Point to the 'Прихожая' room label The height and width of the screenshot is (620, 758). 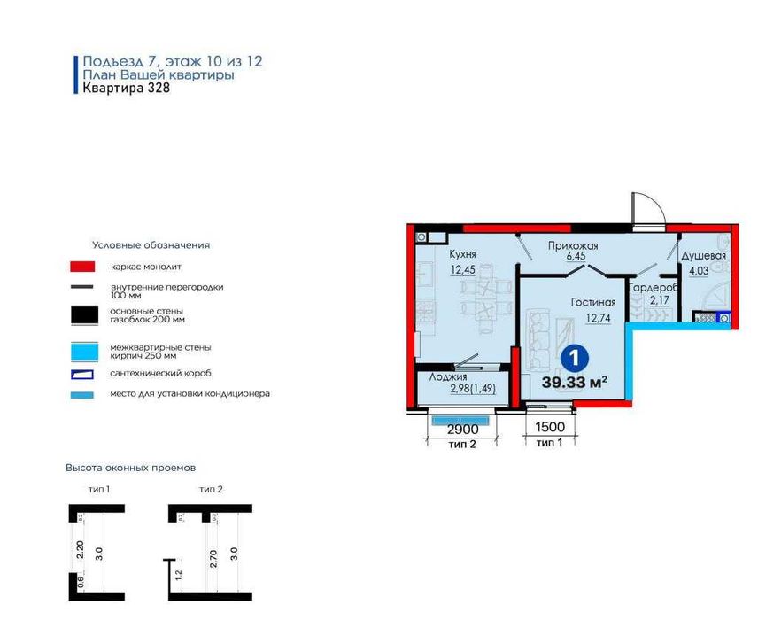[573, 245]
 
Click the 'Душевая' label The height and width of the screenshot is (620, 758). [703, 256]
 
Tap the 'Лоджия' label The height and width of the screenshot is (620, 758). [448, 376]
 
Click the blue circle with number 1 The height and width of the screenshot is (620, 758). [574, 360]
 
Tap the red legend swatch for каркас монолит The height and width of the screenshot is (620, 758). [83, 267]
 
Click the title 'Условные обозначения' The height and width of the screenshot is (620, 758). [151, 245]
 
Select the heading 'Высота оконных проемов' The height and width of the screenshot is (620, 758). [130, 467]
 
